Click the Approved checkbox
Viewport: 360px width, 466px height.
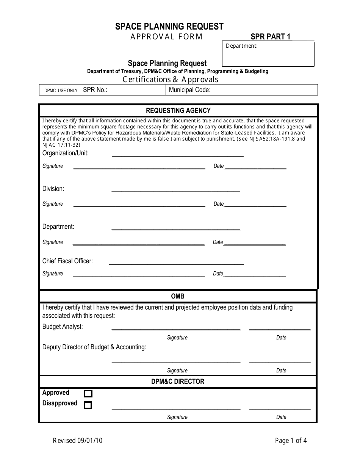coord(88,393)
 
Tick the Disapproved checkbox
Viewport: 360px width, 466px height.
coord(88,405)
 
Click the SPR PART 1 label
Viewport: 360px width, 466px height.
coord(271,37)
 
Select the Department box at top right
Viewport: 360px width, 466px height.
coord(268,54)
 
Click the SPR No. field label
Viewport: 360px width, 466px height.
coord(95,90)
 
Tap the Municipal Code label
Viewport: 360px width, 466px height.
coord(189,90)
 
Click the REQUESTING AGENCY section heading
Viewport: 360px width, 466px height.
coord(178,111)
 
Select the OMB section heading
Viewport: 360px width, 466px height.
coord(178,296)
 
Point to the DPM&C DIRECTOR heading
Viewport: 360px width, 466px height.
coord(178,382)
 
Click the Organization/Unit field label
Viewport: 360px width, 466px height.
coord(65,153)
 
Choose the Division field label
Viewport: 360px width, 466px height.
coord(53,189)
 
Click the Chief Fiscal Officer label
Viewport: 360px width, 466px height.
coord(67,261)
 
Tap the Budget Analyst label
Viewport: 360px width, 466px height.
coord(63,327)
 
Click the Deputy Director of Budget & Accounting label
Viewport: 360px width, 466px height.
coord(94,347)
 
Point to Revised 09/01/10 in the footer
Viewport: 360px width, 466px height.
coord(78,441)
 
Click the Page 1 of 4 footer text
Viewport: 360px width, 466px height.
coord(291,441)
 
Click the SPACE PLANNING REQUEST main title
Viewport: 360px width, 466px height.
coord(169,27)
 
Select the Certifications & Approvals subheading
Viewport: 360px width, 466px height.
coord(170,80)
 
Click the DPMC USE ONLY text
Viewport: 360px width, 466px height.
coord(61,91)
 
